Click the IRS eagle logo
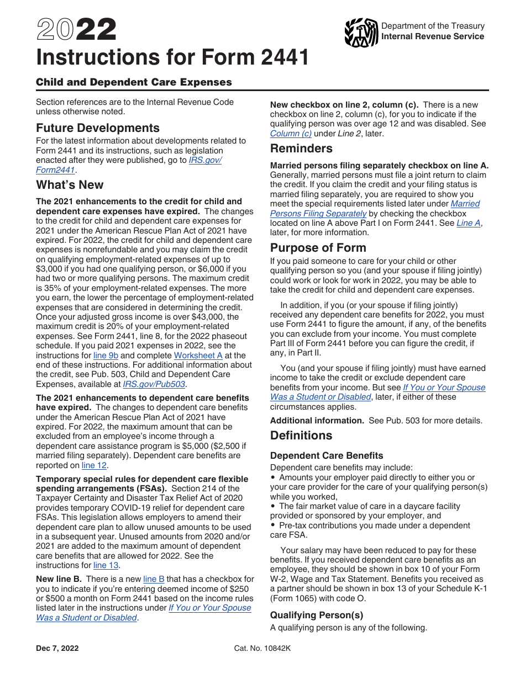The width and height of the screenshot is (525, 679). coord(361,33)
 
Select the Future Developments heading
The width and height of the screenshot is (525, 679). coord(98,128)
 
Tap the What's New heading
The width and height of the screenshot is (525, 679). coord(70,185)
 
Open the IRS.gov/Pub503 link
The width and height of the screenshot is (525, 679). coord(154,384)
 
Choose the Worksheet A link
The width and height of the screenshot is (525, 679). coord(198,356)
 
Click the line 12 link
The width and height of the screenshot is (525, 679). coord(95,465)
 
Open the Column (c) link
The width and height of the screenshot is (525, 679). coord(291,134)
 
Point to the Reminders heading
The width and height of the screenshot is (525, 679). coord(301,148)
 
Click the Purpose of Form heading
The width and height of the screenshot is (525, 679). coord(318,248)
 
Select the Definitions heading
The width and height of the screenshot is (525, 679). coord(301,436)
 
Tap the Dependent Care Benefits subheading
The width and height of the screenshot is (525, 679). coord(327,456)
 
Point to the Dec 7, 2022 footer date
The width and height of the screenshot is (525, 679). coord(57,649)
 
